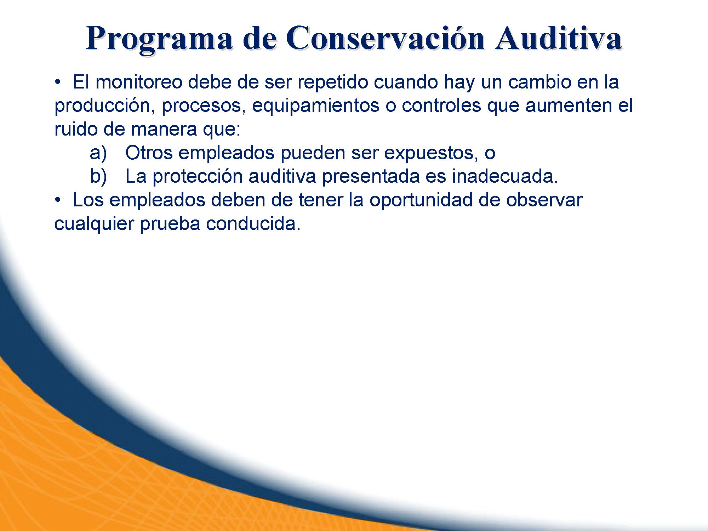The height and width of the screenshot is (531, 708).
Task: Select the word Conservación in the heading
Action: coord(385,37)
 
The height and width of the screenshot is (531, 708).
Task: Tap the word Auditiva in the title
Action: coord(559,37)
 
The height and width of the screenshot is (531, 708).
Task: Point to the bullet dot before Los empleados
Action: coord(57,200)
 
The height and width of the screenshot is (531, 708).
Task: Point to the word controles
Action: coord(441,105)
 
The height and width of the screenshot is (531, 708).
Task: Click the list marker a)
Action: coord(98,153)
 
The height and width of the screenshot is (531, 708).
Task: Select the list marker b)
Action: coord(98,177)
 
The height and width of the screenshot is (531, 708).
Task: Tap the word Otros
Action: coord(149,153)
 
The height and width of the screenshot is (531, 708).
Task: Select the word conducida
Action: coord(253,224)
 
